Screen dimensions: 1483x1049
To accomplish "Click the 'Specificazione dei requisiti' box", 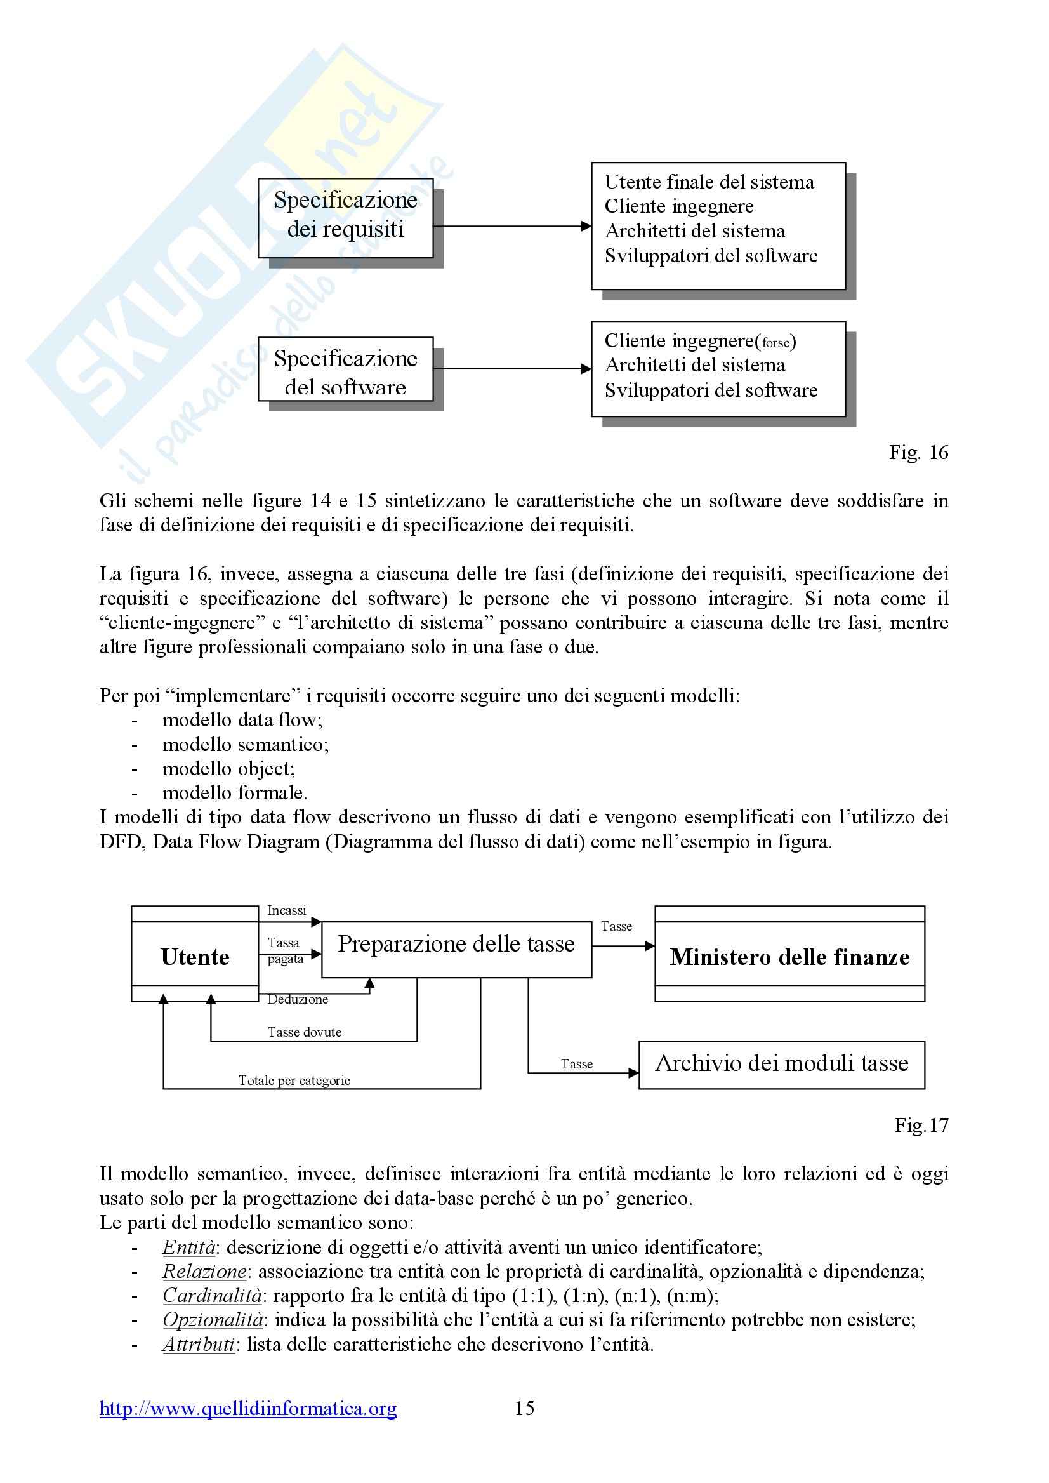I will click(x=346, y=218).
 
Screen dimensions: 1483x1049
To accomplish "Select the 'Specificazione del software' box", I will click(x=346, y=369).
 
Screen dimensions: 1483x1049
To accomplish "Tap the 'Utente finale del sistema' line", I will click(x=709, y=182).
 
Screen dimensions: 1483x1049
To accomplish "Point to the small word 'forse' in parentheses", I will click(x=775, y=342).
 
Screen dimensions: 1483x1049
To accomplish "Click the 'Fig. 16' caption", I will click(x=918, y=453).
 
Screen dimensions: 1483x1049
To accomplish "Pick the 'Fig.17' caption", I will click(x=921, y=1125).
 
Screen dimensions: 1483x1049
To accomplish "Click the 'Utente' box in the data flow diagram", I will click(x=194, y=956).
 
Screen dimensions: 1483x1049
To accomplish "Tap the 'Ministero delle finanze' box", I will click(x=789, y=956).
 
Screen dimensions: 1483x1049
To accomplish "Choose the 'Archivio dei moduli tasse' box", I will click(x=782, y=1063).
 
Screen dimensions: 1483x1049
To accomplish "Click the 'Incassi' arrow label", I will click(x=287, y=910).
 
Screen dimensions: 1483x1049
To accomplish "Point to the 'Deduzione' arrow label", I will click(x=298, y=999).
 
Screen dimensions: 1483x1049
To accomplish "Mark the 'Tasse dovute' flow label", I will click(x=304, y=1032).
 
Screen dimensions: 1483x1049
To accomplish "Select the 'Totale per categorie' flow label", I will click(x=294, y=1080).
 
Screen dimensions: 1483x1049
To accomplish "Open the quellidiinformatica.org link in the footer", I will click(x=248, y=1408).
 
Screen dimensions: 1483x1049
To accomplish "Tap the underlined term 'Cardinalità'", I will click(x=212, y=1296).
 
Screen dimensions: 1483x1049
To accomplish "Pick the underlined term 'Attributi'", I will click(x=198, y=1344).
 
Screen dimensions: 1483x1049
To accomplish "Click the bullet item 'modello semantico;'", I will click(x=246, y=745).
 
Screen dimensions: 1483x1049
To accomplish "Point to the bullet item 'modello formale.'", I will click(x=234, y=792).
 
